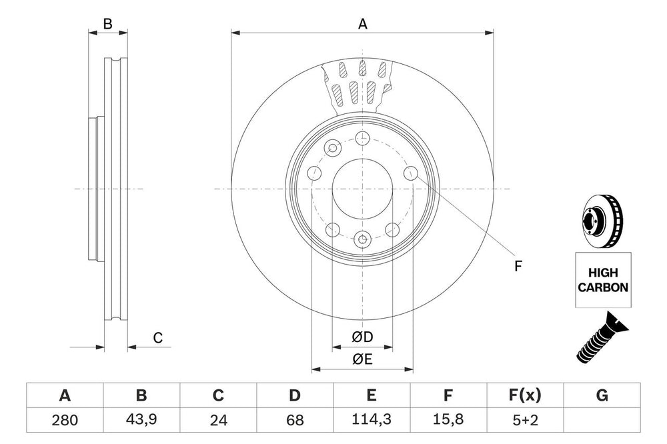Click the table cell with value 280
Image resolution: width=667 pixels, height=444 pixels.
point(65,421)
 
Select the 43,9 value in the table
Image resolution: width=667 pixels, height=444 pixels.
point(141,421)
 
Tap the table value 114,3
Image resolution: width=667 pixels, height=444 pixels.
point(372,421)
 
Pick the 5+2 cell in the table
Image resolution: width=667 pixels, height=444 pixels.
point(525,421)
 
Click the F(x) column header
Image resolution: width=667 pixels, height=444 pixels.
point(525,396)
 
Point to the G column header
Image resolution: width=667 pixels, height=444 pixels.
point(602,396)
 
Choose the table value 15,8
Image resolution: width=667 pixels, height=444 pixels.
point(448,421)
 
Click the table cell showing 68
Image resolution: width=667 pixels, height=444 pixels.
point(295,421)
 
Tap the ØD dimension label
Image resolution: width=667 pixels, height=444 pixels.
point(362,338)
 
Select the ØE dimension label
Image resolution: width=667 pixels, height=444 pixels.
point(362,359)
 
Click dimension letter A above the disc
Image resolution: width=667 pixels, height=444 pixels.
point(362,24)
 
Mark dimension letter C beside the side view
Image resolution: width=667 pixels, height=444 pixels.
point(158,338)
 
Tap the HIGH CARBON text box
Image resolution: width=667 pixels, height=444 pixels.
point(602,280)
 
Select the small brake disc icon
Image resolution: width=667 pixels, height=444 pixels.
point(602,221)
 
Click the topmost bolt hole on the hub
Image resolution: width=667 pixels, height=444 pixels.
point(362,139)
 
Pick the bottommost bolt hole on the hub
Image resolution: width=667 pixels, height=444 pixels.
point(362,239)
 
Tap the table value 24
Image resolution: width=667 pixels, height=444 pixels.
point(218,421)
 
